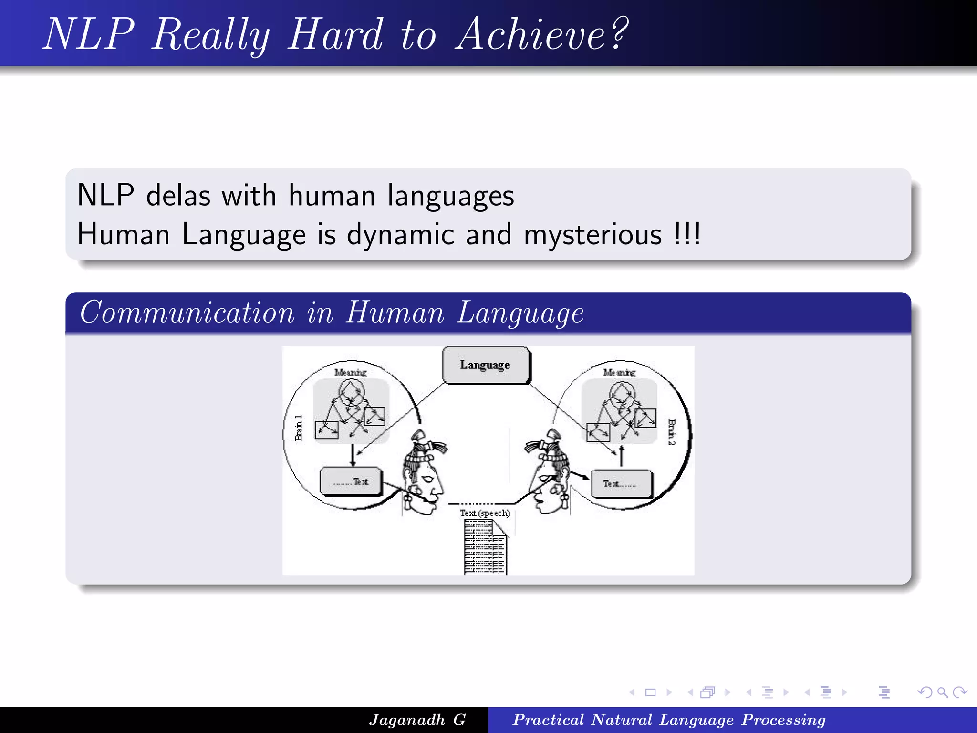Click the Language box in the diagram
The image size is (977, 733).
486,365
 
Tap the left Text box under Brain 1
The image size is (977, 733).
351,482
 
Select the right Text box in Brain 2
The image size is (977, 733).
621,484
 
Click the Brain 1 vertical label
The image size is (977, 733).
299,428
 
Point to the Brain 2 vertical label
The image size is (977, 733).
671,432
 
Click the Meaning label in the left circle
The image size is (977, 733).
350,372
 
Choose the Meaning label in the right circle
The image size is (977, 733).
619,372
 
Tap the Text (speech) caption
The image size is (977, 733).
485,513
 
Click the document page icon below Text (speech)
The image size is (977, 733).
485,547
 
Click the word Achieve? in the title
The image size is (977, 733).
542,34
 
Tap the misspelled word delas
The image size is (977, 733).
178,196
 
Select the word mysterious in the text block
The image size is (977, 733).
592,235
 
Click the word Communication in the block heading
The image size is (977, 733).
187,313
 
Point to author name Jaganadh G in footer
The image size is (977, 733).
417,720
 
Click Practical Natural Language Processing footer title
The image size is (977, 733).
669,720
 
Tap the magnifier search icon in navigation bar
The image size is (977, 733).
942,692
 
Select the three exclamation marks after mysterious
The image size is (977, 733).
687,234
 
